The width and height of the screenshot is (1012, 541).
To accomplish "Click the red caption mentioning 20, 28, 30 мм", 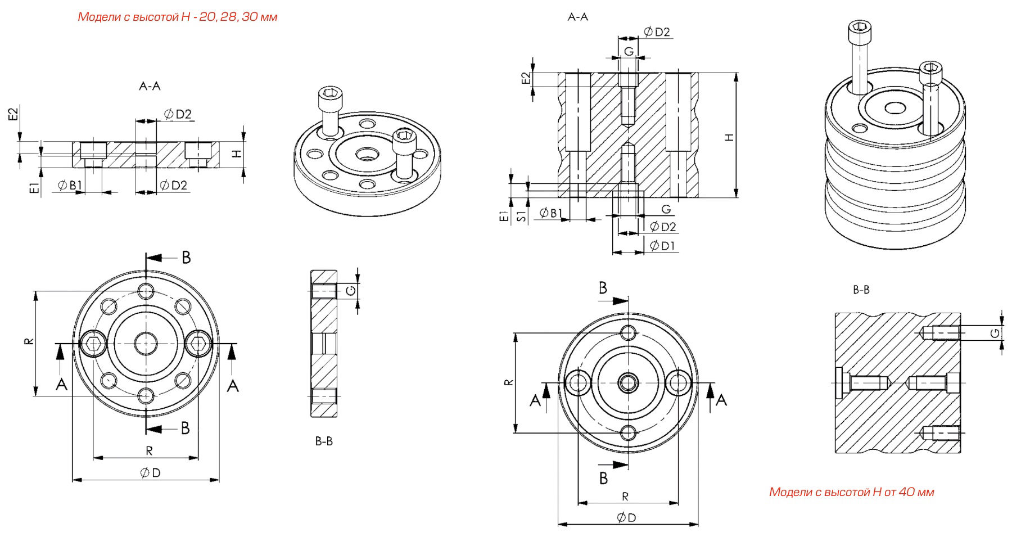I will [x=177, y=17].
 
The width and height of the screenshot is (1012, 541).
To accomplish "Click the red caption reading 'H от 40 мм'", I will [x=851, y=492].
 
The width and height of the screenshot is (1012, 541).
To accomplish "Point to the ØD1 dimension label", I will [x=663, y=246].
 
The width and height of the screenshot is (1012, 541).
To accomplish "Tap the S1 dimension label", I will [x=522, y=215].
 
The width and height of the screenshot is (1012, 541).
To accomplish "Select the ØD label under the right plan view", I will [x=626, y=517].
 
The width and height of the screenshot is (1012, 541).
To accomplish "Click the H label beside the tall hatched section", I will [x=729, y=137].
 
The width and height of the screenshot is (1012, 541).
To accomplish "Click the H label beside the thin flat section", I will [x=237, y=153].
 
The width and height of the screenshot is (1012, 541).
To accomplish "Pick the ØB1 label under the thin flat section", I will [x=70, y=185].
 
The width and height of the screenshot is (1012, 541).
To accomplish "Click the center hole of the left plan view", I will [x=146, y=342].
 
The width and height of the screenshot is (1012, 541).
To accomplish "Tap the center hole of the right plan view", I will [x=628, y=383].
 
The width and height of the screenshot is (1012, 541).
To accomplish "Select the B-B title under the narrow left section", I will [x=324, y=441].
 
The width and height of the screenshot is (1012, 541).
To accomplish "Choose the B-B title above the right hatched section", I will [x=861, y=290].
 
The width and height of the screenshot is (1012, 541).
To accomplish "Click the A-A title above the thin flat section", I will [x=150, y=86].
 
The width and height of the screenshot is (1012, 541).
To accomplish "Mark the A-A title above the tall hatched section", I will [x=577, y=17].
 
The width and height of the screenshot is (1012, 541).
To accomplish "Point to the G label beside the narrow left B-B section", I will [x=350, y=290].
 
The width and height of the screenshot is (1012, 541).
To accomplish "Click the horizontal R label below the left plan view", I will [x=149, y=450].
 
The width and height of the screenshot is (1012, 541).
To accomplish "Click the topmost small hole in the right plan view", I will [x=628, y=332].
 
